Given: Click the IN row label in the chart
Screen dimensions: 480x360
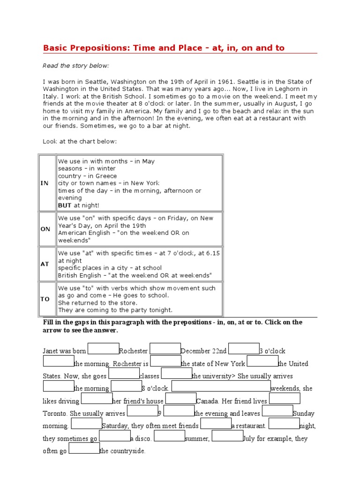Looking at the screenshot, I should (x=45, y=183).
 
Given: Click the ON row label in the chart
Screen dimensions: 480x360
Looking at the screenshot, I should (x=45, y=229).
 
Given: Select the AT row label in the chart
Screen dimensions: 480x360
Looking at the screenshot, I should (x=45, y=264).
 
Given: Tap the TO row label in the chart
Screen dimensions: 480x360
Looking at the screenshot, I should (x=45, y=299).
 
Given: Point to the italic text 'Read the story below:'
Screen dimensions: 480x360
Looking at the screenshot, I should (x=76, y=66).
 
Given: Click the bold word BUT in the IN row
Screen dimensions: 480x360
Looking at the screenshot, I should (x=65, y=205).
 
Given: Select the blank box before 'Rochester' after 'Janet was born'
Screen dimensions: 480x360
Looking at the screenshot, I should (x=103, y=349).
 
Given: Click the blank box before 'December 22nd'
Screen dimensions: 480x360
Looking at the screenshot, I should (x=165, y=349).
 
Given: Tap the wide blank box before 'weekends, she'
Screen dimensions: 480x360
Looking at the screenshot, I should (x=221, y=386).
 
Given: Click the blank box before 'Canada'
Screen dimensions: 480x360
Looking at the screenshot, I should (x=180, y=399).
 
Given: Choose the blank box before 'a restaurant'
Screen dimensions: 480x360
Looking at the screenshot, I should (x=216, y=424).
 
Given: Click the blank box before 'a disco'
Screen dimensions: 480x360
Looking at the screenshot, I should (x=114, y=436).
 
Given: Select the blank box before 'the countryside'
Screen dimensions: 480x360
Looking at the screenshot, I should (x=84, y=449).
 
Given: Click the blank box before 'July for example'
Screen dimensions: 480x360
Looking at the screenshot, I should (x=227, y=436).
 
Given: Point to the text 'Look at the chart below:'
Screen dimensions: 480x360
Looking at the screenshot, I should (x=80, y=141).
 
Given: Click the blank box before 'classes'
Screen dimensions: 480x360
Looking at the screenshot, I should (x=124, y=374).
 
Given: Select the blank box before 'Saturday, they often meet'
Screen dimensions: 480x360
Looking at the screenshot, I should (x=87, y=424).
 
